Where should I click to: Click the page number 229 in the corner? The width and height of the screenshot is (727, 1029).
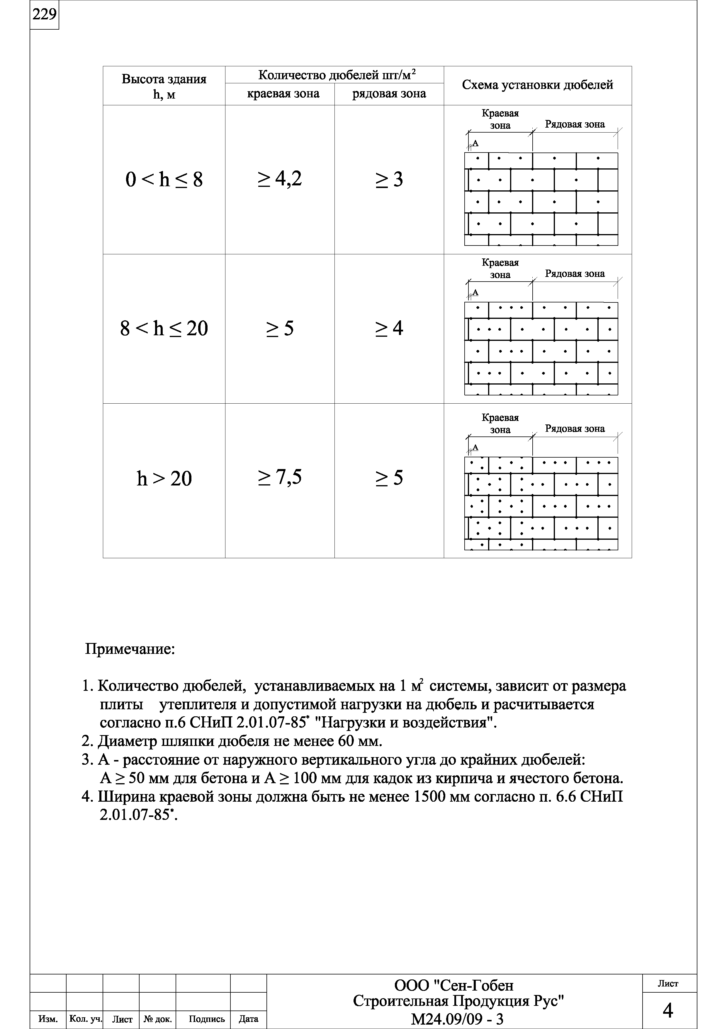pyautogui.click(x=44, y=15)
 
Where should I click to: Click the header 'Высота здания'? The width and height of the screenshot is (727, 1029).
pyautogui.click(x=164, y=79)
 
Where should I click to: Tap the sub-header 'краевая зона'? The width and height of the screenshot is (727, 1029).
pyautogui.click(x=283, y=94)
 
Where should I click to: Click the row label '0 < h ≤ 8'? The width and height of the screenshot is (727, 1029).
pyautogui.click(x=164, y=180)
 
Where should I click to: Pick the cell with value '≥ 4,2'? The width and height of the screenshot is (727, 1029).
pyautogui.click(x=279, y=179)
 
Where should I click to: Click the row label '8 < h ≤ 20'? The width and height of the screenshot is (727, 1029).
pyautogui.click(x=164, y=329)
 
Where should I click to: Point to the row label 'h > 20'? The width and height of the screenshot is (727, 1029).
pyautogui.click(x=164, y=479)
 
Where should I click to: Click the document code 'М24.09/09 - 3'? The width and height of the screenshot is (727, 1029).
pyautogui.click(x=457, y=1019)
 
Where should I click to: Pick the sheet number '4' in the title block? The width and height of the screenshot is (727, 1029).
pyautogui.click(x=667, y=1011)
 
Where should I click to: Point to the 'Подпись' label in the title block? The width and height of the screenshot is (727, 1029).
pyautogui.click(x=206, y=1019)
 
